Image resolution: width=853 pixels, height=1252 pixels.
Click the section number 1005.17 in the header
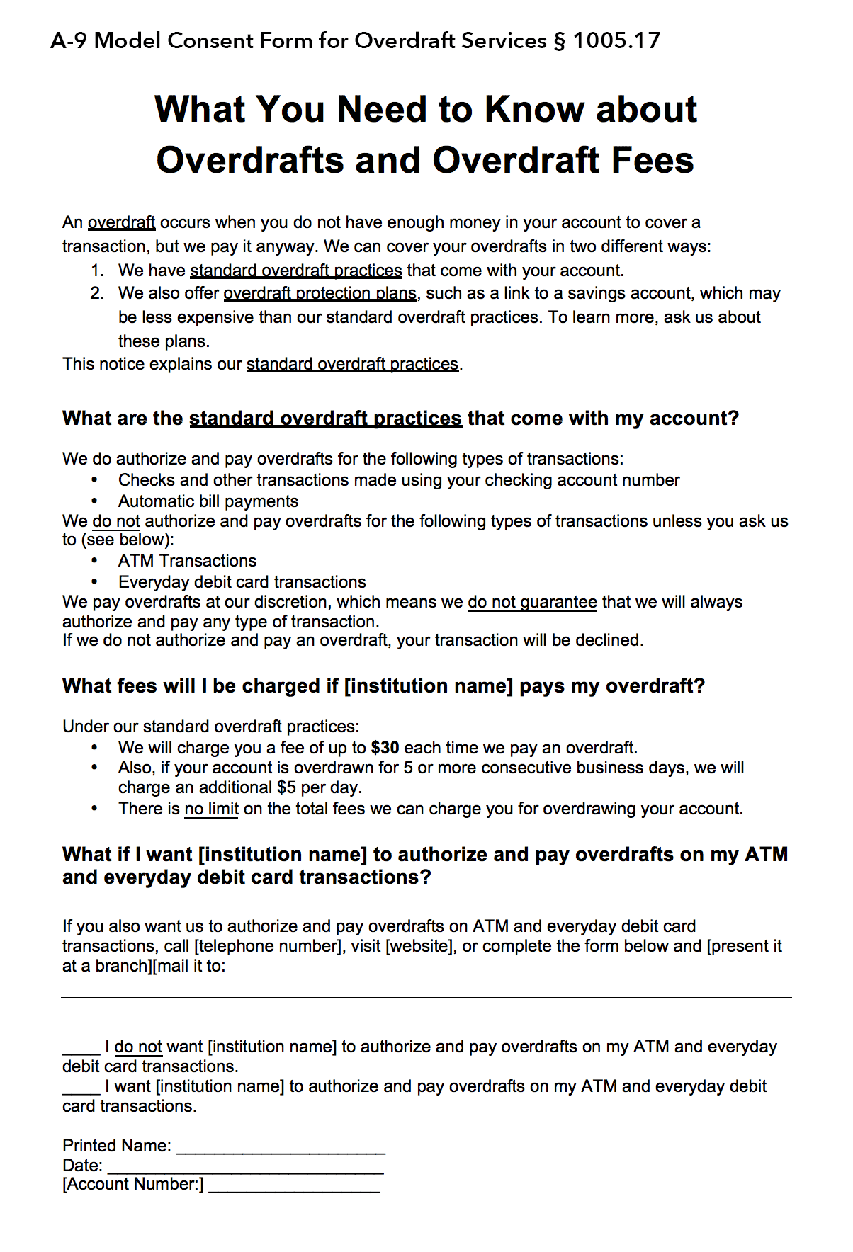[616, 41]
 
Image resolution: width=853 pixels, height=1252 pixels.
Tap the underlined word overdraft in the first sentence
[121, 222]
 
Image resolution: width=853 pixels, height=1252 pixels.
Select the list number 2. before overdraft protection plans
[98, 293]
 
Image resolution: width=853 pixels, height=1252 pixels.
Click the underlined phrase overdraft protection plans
[320, 293]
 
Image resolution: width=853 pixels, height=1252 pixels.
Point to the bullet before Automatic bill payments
[94, 501]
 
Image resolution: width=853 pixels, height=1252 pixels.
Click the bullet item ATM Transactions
[187, 561]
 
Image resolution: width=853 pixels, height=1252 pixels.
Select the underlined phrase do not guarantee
[532, 602]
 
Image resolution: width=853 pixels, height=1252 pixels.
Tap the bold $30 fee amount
[385, 748]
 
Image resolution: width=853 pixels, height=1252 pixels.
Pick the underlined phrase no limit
[211, 809]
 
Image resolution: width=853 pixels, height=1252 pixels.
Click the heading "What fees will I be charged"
[383, 685]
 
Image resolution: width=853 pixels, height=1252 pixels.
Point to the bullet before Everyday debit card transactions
[94, 582]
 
